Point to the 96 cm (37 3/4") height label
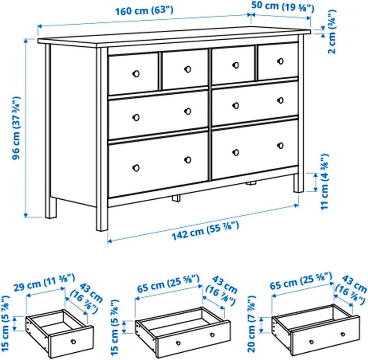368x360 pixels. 17,127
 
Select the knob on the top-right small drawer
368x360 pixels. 280,61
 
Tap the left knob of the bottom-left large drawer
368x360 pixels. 137,166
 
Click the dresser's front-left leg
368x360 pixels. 102,216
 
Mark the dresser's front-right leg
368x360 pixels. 297,183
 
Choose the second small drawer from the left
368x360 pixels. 186,69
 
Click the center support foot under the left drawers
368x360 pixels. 176,197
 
